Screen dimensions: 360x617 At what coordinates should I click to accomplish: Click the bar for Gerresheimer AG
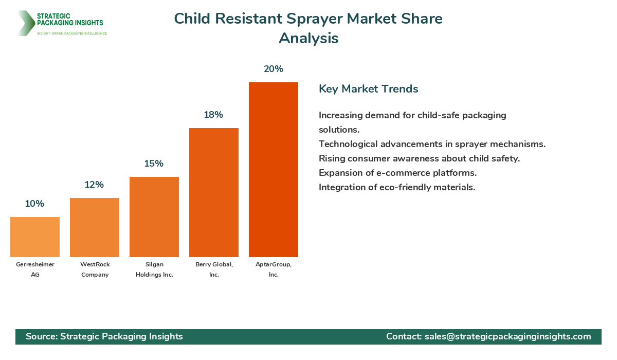click(x=35, y=237)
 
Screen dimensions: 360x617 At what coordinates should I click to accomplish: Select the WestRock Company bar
click(x=95, y=227)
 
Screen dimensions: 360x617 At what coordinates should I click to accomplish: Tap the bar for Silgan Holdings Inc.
click(x=154, y=217)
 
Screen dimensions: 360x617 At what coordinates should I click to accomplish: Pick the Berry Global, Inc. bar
click(x=214, y=192)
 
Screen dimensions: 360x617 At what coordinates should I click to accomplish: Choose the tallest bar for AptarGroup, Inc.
click(x=274, y=170)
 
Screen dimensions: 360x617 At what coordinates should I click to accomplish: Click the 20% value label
click(x=274, y=69)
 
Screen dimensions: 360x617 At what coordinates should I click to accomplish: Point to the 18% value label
click(x=213, y=115)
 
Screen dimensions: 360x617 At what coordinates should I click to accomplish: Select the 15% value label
click(x=154, y=164)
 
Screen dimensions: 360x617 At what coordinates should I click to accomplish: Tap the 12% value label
click(x=94, y=185)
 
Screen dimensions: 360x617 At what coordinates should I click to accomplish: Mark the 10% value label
click(x=34, y=204)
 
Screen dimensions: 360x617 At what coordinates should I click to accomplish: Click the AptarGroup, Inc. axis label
click(x=274, y=269)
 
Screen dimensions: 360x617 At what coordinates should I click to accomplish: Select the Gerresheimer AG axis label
click(x=35, y=269)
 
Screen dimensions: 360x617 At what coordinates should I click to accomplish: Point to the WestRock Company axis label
click(x=95, y=269)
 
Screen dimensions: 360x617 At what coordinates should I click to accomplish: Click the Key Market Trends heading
click(x=368, y=89)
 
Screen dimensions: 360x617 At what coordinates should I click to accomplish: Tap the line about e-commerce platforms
click(x=397, y=173)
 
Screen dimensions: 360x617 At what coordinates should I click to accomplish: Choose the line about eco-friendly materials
click(x=396, y=187)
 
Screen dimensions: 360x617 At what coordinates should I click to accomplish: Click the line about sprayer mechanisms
click(x=432, y=144)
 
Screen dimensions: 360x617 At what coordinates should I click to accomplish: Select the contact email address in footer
click(x=507, y=336)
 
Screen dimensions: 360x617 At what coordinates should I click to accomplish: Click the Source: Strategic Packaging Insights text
click(x=104, y=336)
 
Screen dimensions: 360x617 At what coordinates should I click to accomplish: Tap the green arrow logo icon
click(x=25, y=23)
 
